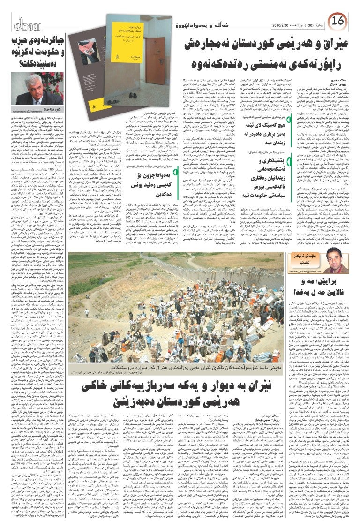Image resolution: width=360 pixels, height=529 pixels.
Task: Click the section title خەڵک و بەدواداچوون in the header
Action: click(x=207, y=24)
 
